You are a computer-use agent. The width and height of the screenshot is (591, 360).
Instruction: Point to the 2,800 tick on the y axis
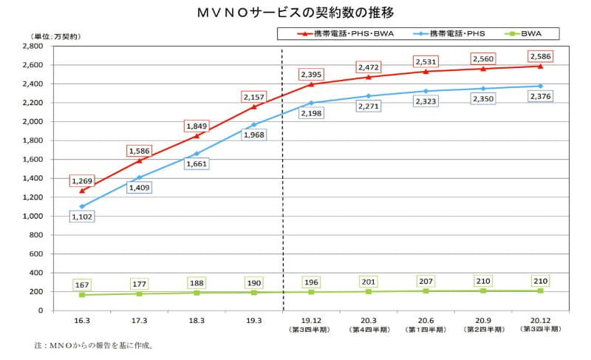(x=34, y=46)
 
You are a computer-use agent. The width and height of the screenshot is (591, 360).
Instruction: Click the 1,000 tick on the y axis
(x=34, y=216)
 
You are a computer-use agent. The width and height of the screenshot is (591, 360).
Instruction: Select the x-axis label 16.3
(x=81, y=321)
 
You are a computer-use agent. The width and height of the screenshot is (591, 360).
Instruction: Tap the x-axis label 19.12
(x=311, y=321)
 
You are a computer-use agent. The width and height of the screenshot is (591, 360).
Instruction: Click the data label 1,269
(x=83, y=180)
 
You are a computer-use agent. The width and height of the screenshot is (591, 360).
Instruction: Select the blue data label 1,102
(x=83, y=217)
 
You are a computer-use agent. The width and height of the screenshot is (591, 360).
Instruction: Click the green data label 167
(x=82, y=285)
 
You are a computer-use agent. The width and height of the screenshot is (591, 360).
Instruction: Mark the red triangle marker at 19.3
(x=254, y=106)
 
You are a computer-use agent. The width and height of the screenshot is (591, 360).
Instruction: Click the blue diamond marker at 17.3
(x=139, y=177)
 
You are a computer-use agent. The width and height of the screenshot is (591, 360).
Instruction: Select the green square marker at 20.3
(x=369, y=291)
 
